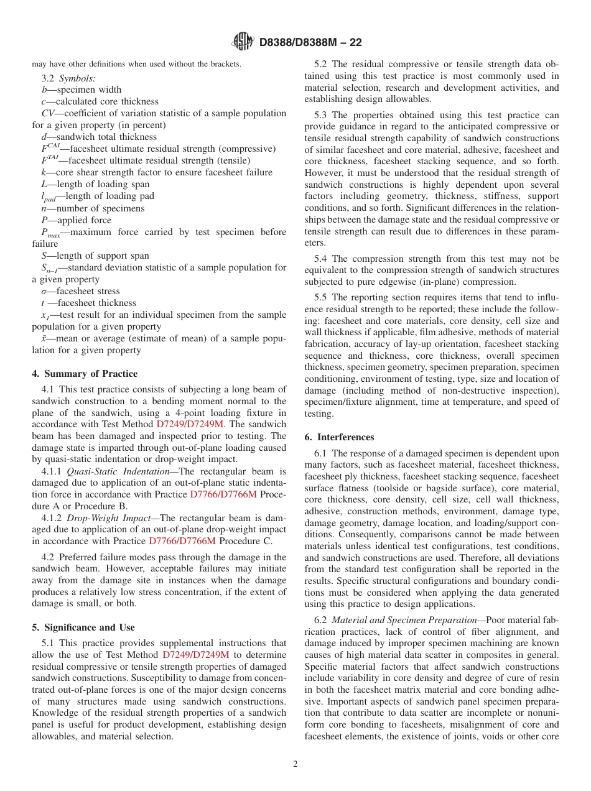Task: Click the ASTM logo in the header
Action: [x=243, y=42]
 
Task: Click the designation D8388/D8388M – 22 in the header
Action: [x=310, y=42]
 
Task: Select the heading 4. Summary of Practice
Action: [x=85, y=374]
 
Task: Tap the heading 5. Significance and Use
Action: [x=83, y=627]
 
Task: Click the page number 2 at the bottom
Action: [x=295, y=764]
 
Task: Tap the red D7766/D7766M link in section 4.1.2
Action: [x=182, y=541]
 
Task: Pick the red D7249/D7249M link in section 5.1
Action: [x=196, y=655]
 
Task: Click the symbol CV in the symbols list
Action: [x=47, y=113]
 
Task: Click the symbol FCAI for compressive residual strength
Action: [x=50, y=149]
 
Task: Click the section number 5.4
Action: [x=320, y=259]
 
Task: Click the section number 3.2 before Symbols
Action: [x=49, y=78]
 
